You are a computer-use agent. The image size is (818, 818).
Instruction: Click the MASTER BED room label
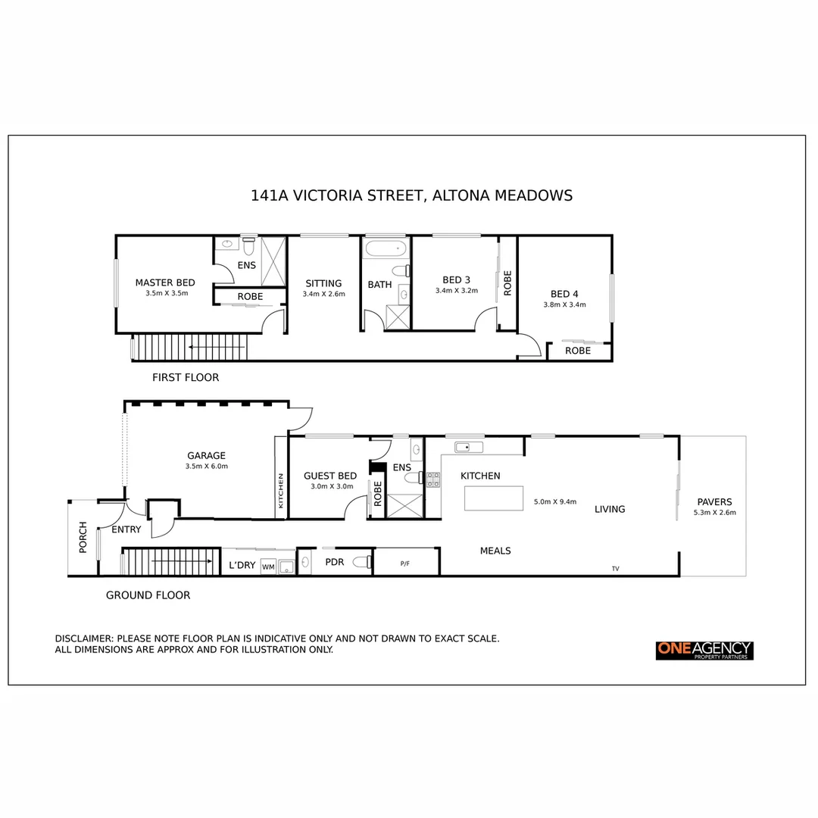(164, 283)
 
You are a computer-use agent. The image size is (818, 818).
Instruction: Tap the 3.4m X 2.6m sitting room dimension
(323, 294)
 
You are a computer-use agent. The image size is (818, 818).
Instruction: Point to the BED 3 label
(456, 280)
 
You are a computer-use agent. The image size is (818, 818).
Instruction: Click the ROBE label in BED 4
(577, 351)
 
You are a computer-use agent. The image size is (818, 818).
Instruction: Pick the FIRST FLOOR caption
(186, 377)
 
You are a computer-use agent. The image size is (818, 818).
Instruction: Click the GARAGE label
(206, 455)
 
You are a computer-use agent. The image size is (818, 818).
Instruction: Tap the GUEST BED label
(330, 476)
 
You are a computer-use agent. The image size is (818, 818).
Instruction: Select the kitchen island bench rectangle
(494, 498)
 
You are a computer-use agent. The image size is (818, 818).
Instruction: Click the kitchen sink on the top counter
(468, 447)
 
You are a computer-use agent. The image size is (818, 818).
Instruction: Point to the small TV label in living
(615, 568)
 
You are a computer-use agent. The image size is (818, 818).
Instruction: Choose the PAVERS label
(714, 501)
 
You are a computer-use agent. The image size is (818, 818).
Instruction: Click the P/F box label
(404, 564)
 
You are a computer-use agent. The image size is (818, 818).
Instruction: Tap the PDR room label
(335, 562)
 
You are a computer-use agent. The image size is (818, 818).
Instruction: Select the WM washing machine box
(268, 566)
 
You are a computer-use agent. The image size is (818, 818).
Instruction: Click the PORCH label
(83, 536)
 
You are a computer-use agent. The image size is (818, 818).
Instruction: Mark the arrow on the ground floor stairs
(170, 561)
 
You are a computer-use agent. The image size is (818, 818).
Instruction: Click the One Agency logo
(704, 650)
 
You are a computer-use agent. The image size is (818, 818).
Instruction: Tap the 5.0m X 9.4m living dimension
(555, 501)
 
